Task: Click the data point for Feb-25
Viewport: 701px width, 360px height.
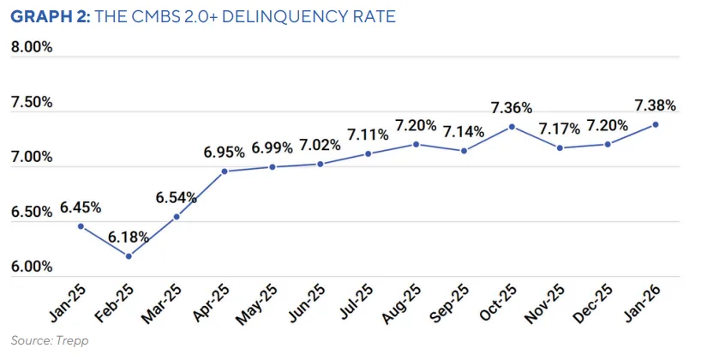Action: click(x=129, y=256)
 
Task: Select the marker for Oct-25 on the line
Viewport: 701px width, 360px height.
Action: click(x=512, y=127)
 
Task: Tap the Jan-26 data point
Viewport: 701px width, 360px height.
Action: click(x=656, y=124)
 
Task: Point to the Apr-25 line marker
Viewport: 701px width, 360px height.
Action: click(x=225, y=171)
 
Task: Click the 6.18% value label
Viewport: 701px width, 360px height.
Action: click(x=129, y=237)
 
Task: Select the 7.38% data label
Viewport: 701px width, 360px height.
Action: click(x=655, y=105)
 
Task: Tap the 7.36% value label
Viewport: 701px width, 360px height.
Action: click(x=512, y=108)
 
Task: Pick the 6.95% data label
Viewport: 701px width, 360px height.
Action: click(x=225, y=153)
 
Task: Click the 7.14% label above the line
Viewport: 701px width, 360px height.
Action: click(x=464, y=132)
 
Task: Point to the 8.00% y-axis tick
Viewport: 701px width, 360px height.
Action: click(x=32, y=47)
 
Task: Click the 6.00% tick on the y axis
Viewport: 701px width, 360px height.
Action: click(x=32, y=267)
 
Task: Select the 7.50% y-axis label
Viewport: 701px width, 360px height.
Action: click(x=32, y=102)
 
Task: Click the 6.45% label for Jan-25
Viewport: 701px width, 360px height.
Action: click(x=81, y=207)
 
